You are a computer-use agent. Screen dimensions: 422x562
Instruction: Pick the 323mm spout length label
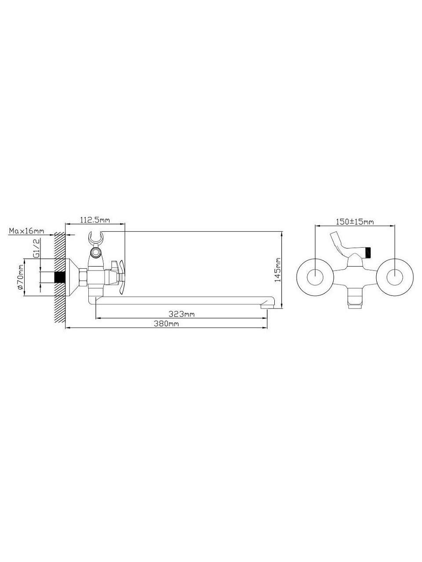(182, 313)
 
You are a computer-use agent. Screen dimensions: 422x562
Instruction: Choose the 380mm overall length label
(166, 324)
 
